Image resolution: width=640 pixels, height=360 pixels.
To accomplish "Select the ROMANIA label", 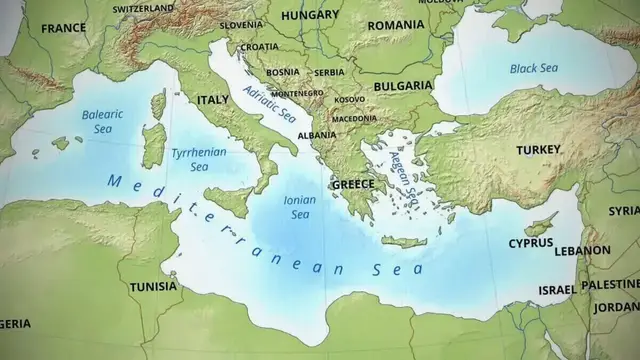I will coord(396,25).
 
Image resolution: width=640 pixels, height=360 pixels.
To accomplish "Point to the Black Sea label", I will coord(533,69).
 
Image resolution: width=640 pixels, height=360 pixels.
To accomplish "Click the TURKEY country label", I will coord(538,150).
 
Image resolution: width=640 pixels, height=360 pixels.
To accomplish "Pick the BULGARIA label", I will coord(403,87).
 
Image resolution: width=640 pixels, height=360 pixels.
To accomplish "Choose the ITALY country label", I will coord(213,101).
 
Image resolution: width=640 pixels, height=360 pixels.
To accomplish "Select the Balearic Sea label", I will coord(103,121).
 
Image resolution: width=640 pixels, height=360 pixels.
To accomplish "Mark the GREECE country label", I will coord(353,185).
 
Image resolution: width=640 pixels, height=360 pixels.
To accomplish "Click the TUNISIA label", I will coord(153,287).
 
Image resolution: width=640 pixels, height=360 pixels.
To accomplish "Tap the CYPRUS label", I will coord(531,243).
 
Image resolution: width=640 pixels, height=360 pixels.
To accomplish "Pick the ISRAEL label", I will coord(557,290).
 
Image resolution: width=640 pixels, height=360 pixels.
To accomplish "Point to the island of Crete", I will coord(404,241).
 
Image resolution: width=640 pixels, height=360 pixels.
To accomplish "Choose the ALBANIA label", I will coord(317,135).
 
